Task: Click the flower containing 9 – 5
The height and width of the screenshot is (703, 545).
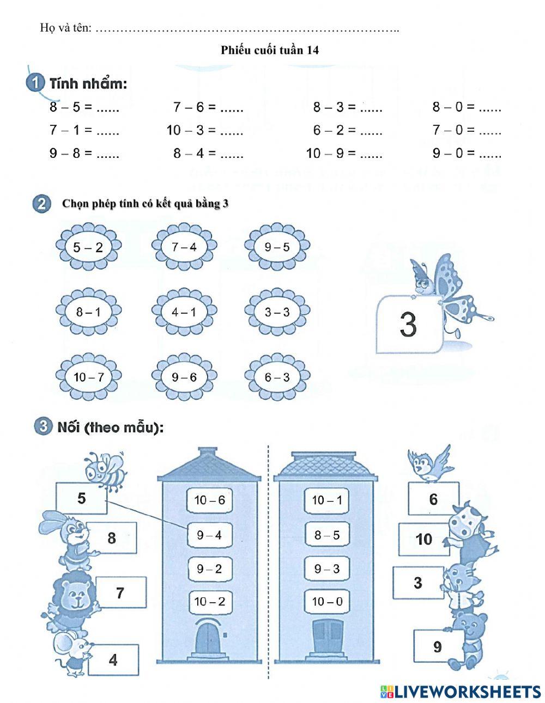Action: (277, 247)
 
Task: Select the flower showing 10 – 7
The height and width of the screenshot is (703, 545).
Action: (88, 377)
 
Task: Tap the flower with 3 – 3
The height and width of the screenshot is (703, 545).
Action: (277, 312)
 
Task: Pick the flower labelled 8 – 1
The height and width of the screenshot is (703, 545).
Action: (88, 312)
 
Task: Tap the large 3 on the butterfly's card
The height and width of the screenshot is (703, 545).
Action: (408, 325)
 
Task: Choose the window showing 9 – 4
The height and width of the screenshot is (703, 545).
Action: (209, 535)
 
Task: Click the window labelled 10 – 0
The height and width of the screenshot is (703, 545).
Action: (327, 602)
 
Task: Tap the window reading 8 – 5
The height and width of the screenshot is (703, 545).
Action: (327, 535)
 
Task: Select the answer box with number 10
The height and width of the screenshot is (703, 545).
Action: (423, 539)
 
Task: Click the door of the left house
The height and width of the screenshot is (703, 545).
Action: (209, 637)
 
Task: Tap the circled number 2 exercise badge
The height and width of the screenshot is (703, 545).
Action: (41, 204)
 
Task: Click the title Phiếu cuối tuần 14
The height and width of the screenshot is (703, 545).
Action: (270, 50)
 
